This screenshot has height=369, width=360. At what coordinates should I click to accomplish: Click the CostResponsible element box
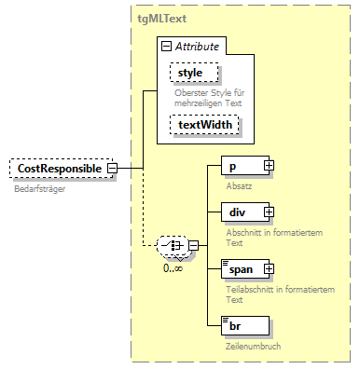(x=58, y=169)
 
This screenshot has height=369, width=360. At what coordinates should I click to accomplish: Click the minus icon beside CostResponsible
(x=112, y=169)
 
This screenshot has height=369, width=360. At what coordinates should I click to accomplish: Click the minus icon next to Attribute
(x=165, y=46)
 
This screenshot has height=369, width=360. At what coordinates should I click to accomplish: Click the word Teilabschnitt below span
(x=251, y=288)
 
